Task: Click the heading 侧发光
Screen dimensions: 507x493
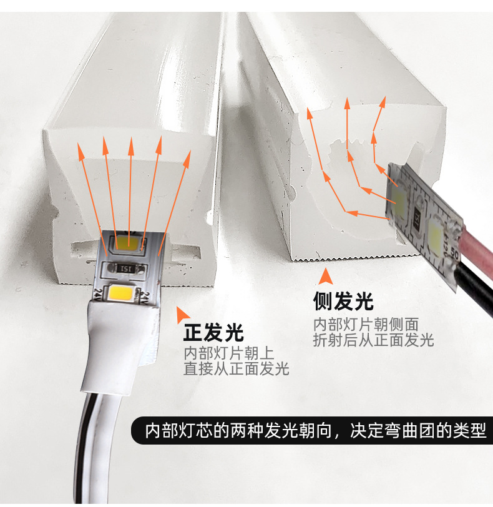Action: [343, 302]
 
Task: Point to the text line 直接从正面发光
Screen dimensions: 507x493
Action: [237, 369]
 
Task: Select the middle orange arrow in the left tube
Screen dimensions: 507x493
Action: [130, 187]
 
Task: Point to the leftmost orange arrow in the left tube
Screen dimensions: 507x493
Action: [90, 187]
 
